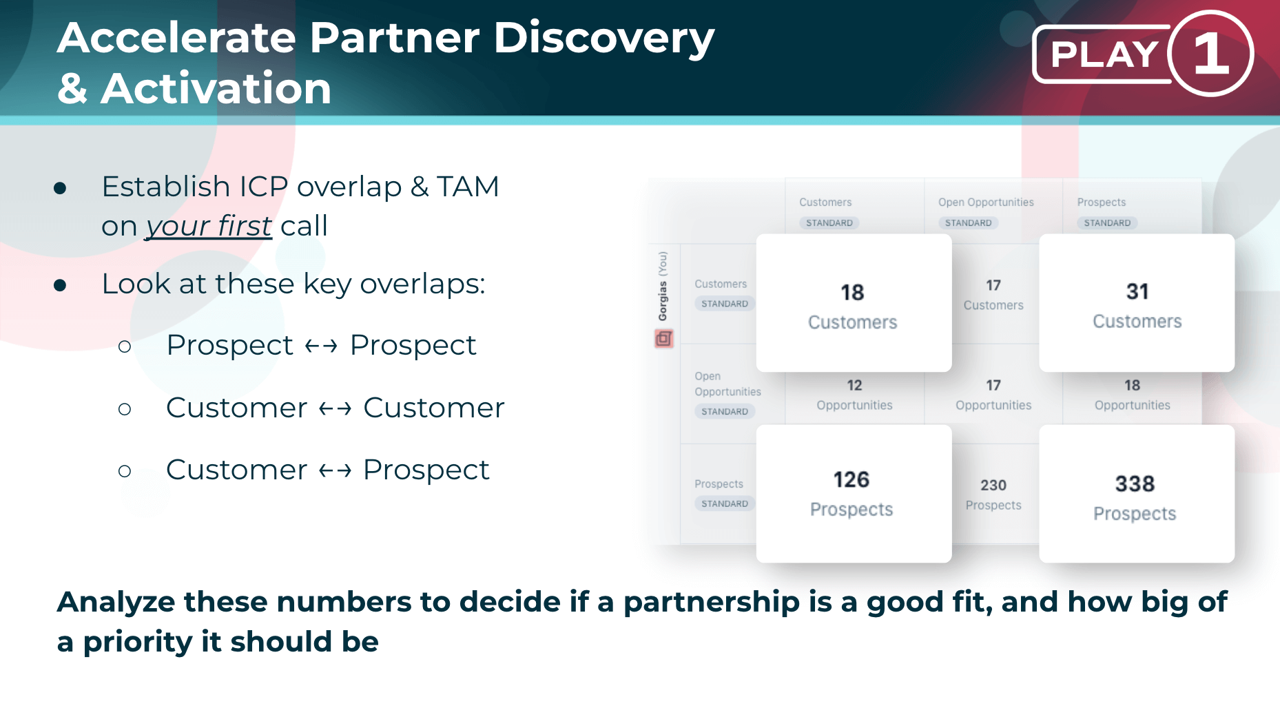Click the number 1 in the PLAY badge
(x=1211, y=54)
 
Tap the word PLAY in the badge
(x=1104, y=54)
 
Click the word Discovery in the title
(x=604, y=39)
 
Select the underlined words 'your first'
(x=209, y=226)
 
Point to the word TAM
(x=468, y=187)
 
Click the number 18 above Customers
(x=852, y=293)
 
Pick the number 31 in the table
(x=1137, y=292)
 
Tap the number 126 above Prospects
(x=851, y=479)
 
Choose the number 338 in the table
(x=1135, y=483)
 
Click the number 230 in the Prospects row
(x=993, y=486)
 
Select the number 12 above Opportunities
(x=854, y=386)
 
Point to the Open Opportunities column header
(x=986, y=202)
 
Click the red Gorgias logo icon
(x=663, y=338)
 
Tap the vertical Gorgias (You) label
(x=663, y=286)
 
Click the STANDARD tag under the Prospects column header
(x=1107, y=223)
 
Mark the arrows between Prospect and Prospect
(x=321, y=346)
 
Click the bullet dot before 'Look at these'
(x=60, y=285)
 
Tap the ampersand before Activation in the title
(x=72, y=88)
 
